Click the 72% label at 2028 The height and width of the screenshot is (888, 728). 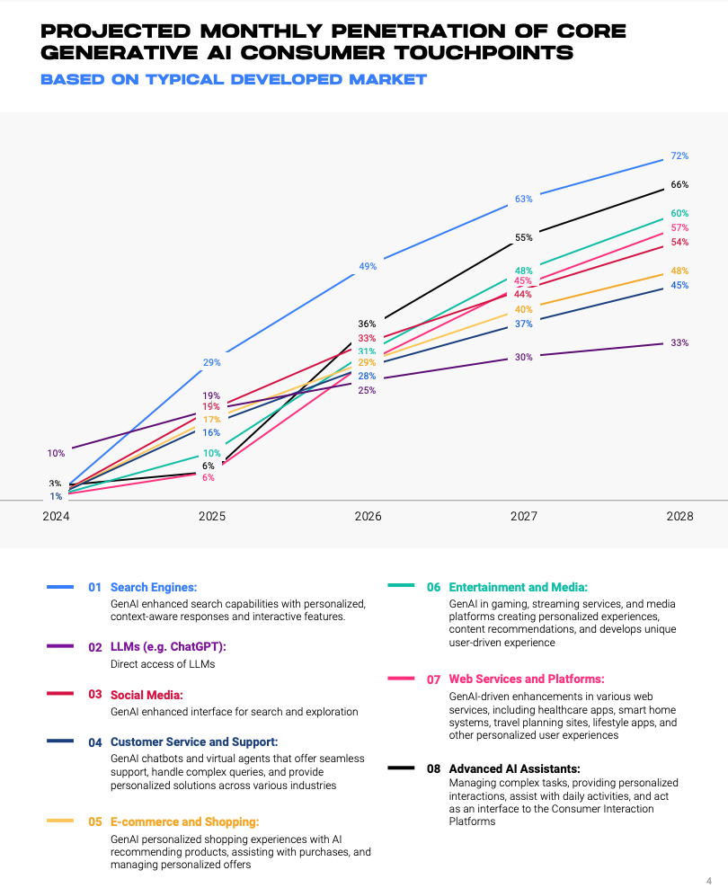point(679,156)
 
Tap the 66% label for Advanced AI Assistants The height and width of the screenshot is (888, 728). point(679,185)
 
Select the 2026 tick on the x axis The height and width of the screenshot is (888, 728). point(368,517)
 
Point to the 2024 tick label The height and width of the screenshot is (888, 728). point(56,517)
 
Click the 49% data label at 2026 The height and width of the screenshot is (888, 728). point(368,267)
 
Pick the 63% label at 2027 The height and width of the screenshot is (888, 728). point(524,199)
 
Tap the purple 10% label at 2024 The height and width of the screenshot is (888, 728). point(56,454)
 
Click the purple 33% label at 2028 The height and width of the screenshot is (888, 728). point(679,343)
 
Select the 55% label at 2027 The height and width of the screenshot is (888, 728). point(524,238)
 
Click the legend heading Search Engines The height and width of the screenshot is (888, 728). point(153,587)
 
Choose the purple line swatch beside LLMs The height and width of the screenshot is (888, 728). point(60,646)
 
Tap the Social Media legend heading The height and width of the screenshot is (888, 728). point(146,695)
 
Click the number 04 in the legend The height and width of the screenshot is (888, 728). point(95,742)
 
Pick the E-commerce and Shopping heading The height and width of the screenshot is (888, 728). point(184,821)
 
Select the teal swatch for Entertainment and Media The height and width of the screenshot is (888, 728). point(401,586)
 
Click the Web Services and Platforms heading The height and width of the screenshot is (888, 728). point(527,679)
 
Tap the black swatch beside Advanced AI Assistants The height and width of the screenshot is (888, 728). point(401,768)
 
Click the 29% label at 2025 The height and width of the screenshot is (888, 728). point(212,363)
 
